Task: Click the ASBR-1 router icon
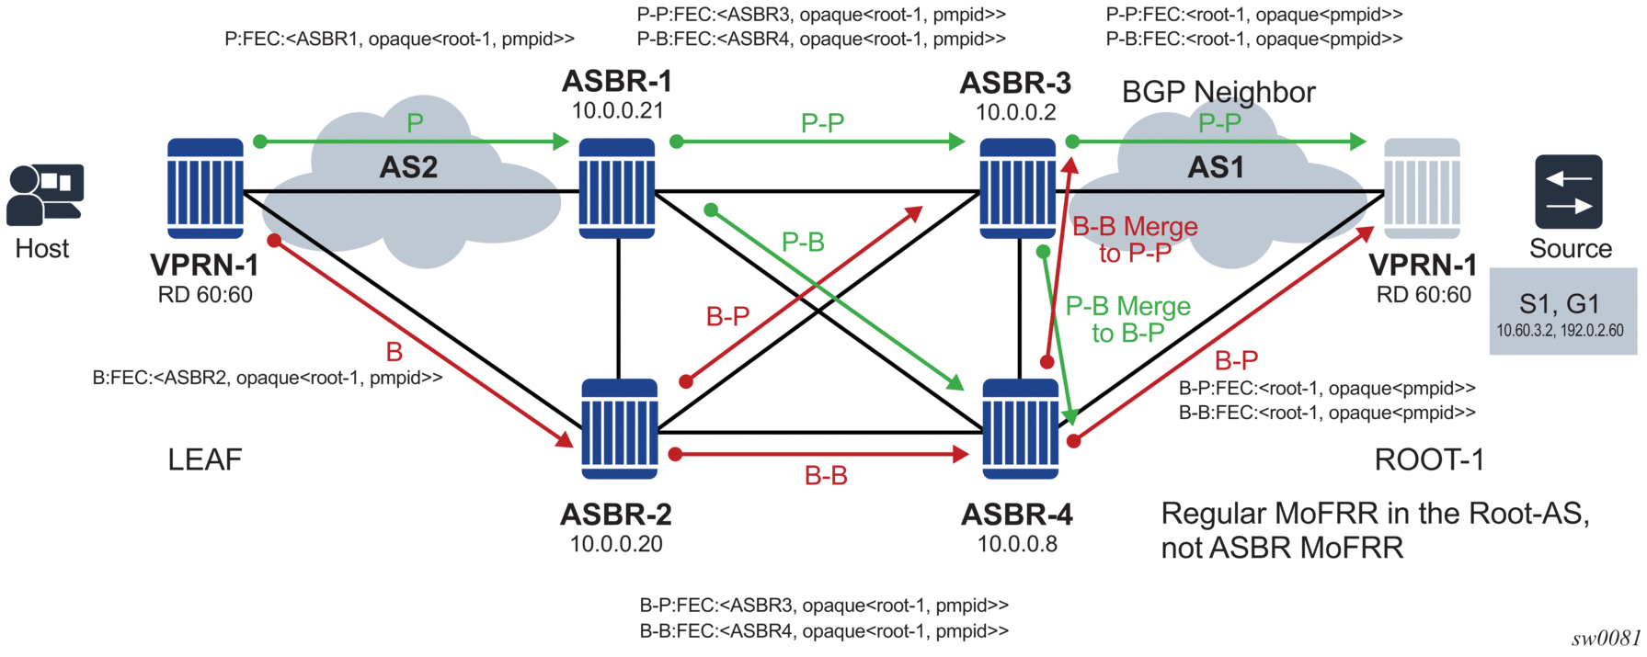pos(617,188)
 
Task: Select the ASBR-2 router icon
pos(619,428)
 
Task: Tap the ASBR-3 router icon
pos(1017,188)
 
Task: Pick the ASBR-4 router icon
pos(1020,428)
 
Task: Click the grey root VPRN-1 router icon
pos(1422,188)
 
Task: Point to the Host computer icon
pos(44,195)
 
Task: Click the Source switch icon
pos(1568,191)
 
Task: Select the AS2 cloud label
pos(408,167)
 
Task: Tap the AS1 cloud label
pos(1216,167)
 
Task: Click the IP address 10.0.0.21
pos(617,111)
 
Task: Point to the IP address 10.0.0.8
pos(1017,544)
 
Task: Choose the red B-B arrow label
pos(826,476)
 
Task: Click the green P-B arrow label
pos(803,243)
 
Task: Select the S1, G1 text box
pos(1561,312)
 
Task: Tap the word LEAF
pos(204,459)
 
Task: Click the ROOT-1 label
pos(1429,459)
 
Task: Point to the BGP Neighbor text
pos(1218,92)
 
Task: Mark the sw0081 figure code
pos(1605,639)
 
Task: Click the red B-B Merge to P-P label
pos(1135,239)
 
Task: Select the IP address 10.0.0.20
pos(616,544)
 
